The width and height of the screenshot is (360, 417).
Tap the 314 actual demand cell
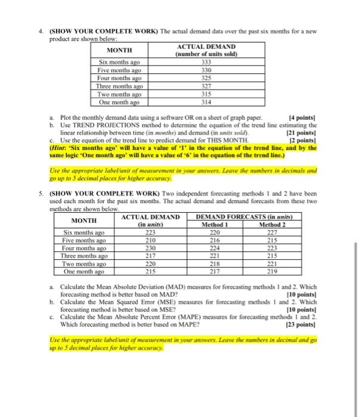tap(206, 102)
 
